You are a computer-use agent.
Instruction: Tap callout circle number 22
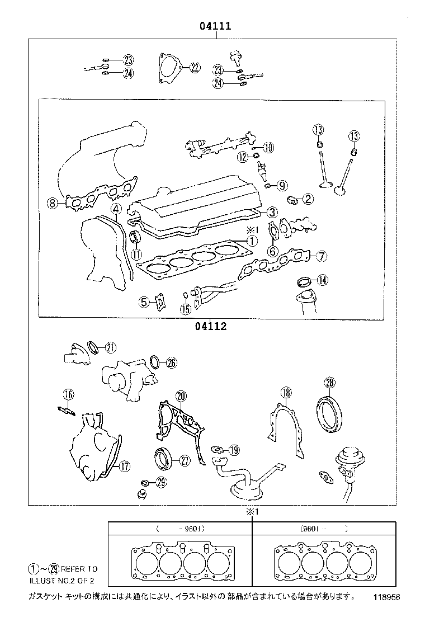(x=194, y=68)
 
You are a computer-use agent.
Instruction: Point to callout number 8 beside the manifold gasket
(x=53, y=204)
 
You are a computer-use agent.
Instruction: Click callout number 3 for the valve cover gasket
(x=271, y=212)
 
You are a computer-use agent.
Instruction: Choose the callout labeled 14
(x=322, y=280)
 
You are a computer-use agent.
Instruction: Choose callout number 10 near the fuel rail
(x=268, y=148)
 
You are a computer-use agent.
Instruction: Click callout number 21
(x=110, y=347)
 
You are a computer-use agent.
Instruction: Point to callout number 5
(x=144, y=303)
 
